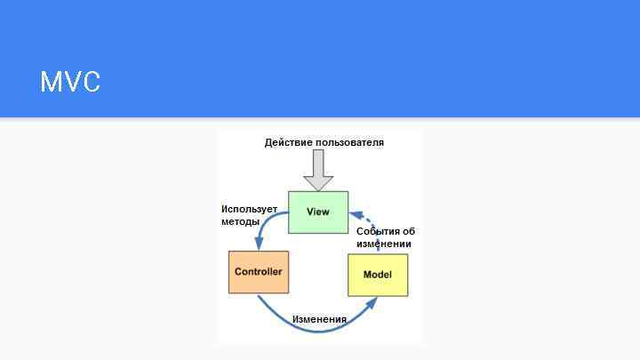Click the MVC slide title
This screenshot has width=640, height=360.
[70, 82]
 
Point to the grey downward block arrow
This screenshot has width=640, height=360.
[318, 170]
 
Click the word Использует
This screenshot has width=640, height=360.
[249, 209]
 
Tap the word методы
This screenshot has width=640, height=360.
[240, 221]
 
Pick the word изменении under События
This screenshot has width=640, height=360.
[384, 244]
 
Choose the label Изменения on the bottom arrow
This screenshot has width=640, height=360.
[319, 319]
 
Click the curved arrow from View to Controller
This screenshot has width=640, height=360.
[266, 221]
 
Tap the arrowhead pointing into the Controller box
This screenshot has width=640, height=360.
[259, 244]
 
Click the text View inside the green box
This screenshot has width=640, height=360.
[318, 212]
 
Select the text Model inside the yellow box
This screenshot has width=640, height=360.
[377, 275]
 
